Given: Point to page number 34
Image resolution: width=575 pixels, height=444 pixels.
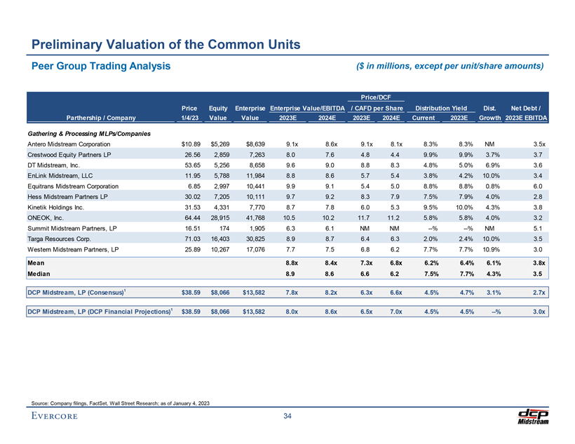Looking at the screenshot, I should click(287, 418).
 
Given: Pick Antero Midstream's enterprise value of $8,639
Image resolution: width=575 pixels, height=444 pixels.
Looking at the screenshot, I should click(251, 144).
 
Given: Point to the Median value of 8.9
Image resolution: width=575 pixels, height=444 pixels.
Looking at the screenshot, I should click(286, 275).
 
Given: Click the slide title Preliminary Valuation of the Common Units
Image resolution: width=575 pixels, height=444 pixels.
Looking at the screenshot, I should click(166, 45).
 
